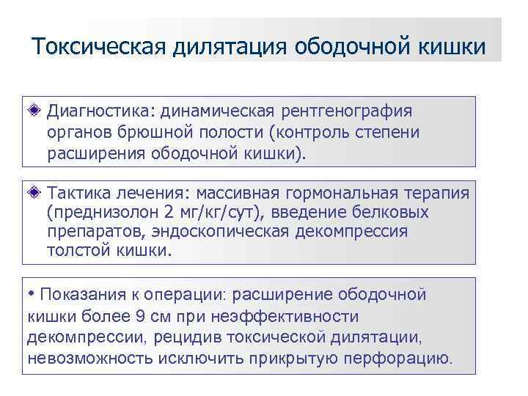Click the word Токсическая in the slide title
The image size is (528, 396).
pos(100,46)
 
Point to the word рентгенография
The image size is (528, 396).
pos(349,111)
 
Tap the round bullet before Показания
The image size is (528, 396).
pos(31,295)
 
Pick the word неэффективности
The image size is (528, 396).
pos(288,317)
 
